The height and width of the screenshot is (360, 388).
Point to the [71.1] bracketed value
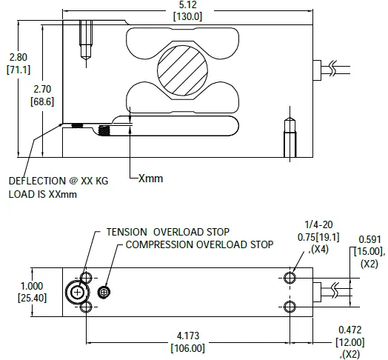point(18,69)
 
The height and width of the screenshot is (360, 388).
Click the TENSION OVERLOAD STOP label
point(168,231)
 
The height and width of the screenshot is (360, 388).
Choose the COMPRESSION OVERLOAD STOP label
point(199,244)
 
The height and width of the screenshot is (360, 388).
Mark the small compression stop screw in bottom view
point(105,292)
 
